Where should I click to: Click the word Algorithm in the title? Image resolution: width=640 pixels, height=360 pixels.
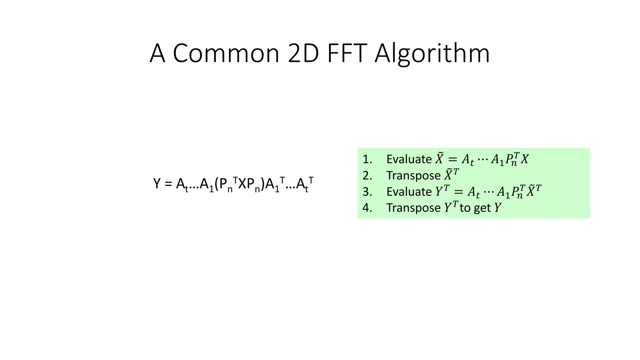(432, 54)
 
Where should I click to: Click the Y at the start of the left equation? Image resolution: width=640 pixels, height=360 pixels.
(157, 183)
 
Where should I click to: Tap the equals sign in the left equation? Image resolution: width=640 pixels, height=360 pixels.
(168, 184)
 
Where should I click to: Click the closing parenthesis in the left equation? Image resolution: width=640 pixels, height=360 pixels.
(263, 184)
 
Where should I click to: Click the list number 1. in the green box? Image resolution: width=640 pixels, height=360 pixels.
(367, 159)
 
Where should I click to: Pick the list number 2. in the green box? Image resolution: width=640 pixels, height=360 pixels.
(367, 176)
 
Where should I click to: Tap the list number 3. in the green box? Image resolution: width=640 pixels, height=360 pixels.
(367, 192)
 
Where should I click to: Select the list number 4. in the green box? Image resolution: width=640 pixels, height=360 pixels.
(367, 208)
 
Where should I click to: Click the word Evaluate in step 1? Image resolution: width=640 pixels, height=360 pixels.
(409, 159)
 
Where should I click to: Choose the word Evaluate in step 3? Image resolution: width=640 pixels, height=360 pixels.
(409, 192)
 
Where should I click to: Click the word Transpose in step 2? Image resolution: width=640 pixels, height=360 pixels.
(413, 176)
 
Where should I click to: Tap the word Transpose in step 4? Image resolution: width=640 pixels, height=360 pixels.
(413, 208)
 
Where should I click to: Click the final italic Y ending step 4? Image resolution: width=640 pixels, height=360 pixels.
(498, 208)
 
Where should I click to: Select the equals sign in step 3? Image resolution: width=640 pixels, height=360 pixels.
(458, 192)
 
